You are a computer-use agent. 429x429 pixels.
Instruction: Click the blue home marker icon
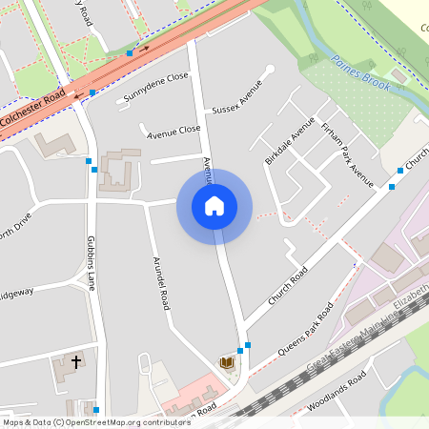(214, 206)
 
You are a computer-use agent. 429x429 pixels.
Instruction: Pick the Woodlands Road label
(337, 393)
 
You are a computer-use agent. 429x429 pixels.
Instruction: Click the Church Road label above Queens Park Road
(288, 285)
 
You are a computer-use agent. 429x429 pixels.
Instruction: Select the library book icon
(227, 363)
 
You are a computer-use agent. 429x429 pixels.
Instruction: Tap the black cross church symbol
(76, 362)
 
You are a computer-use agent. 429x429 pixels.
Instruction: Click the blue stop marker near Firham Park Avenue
(392, 186)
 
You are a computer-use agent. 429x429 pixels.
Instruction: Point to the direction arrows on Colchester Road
(141, 48)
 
